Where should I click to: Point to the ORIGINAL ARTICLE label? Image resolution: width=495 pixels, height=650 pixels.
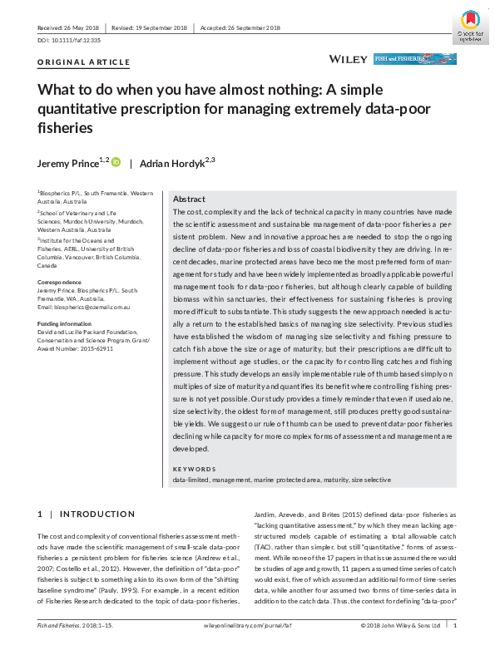coord(84,62)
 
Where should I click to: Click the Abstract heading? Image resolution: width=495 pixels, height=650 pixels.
coord(190,199)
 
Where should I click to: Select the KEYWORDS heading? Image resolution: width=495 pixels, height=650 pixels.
coord(195,469)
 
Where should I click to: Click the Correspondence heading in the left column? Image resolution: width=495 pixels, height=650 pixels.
coord(61,282)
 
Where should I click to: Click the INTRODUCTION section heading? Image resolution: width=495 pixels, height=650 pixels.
coord(97,515)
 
